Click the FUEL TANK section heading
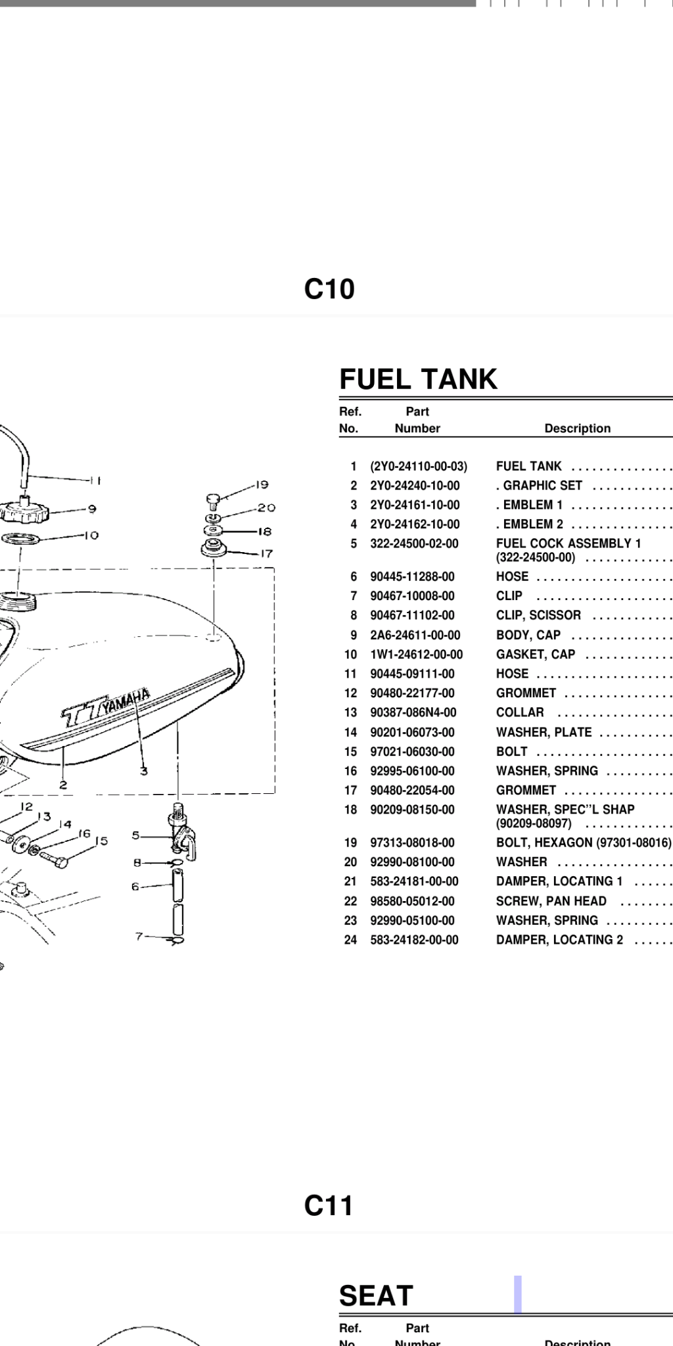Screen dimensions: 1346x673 point(418,379)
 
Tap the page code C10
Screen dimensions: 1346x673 point(329,289)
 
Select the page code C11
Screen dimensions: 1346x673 point(329,1205)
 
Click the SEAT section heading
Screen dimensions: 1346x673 point(376,1295)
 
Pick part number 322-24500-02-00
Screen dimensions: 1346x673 point(414,544)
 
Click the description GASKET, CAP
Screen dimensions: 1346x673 point(535,654)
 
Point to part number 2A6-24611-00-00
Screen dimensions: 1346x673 point(415,635)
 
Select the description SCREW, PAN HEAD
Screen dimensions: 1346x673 point(551,901)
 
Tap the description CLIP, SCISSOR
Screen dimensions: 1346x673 point(538,615)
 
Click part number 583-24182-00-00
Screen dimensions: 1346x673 point(414,940)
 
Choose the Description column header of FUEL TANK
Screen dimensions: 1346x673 point(577,428)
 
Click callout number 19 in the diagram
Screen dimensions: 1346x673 point(262,485)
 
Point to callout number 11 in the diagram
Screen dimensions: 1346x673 point(96,480)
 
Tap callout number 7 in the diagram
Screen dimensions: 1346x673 point(139,936)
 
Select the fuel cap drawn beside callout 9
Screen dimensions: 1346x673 point(25,507)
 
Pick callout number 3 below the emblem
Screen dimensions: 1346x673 point(143,771)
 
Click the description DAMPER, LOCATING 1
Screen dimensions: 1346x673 point(559,881)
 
